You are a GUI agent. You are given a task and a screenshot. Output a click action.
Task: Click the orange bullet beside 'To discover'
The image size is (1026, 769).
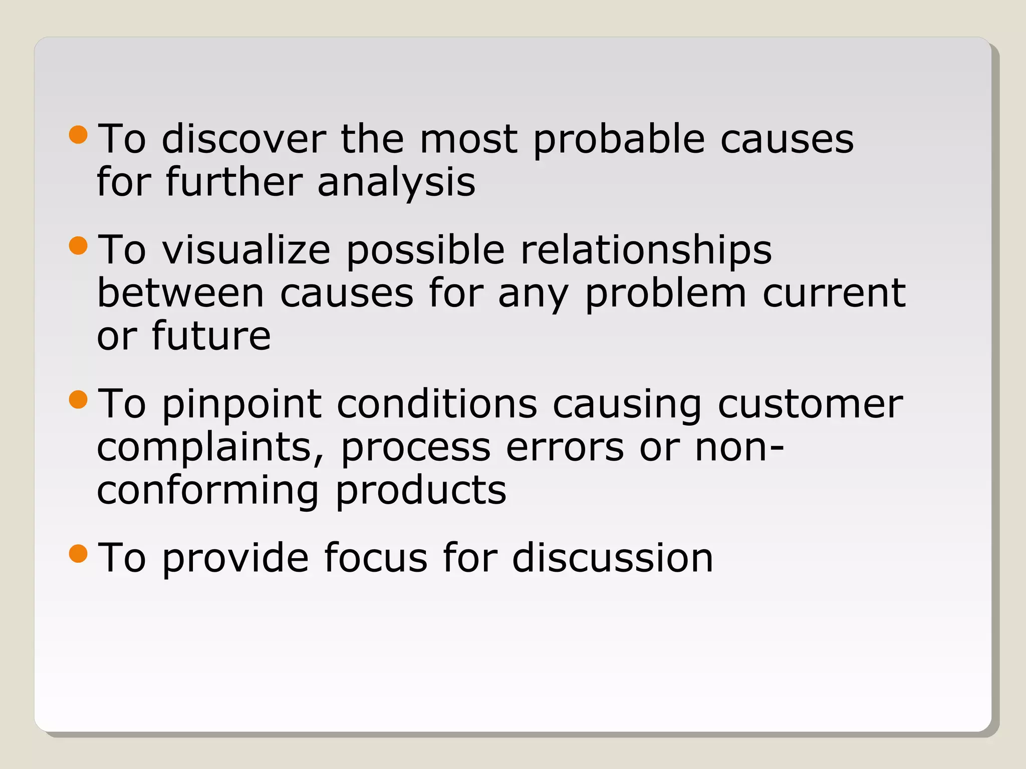[78, 134]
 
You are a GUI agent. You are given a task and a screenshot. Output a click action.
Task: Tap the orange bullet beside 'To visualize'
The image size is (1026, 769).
[78, 245]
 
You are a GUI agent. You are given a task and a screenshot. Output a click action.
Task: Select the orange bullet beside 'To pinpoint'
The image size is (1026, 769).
[78, 399]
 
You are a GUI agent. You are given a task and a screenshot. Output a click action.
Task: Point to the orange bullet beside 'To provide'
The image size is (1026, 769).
[78, 553]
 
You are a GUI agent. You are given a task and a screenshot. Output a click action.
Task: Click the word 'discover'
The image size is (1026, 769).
[243, 139]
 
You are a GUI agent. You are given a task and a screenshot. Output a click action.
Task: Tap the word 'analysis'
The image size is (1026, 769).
[396, 183]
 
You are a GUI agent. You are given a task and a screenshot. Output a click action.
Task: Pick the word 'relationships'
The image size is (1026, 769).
[646, 251]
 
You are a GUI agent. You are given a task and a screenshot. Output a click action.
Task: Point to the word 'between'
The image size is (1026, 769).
[180, 293]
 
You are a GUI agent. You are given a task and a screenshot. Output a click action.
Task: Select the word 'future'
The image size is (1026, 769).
[211, 336]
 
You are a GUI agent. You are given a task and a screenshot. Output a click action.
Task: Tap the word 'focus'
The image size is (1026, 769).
[376, 558]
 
